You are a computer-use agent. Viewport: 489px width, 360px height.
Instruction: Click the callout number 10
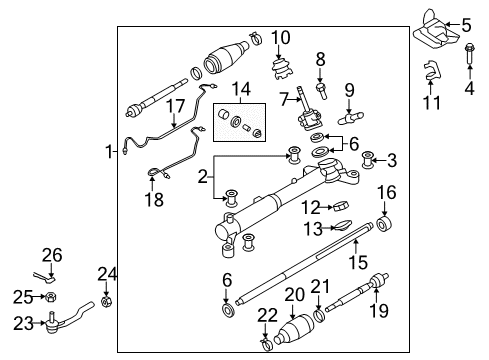coord(281,38)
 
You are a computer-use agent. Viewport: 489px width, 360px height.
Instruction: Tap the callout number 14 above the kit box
coord(241,89)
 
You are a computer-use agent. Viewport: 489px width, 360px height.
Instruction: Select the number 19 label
coord(379,311)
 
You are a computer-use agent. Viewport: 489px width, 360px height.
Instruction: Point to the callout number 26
coord(52,255)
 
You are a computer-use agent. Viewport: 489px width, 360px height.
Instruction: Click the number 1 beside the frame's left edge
coord(109,152)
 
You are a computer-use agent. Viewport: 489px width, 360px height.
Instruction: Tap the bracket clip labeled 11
coord(431,70)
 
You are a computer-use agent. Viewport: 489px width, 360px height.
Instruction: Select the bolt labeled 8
coord(321,90)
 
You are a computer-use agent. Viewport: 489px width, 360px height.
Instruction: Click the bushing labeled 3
coord(367,160)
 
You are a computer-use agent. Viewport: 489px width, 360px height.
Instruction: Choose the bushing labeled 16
coord(384,224)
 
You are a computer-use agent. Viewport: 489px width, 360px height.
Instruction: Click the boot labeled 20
coord(295,329)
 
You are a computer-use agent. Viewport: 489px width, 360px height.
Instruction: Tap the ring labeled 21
coord(319,315)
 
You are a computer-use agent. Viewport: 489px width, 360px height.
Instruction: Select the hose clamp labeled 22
coord(265,344)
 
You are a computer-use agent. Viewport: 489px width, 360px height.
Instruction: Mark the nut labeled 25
coord(51,296)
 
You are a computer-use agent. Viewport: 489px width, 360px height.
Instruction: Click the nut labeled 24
coord(106,302)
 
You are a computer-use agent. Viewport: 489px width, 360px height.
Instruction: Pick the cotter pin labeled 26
coord(44,276)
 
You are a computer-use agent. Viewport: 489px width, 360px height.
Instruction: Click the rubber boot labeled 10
coord(282,69)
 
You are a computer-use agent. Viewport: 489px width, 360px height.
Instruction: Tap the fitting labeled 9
coord(350,118)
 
